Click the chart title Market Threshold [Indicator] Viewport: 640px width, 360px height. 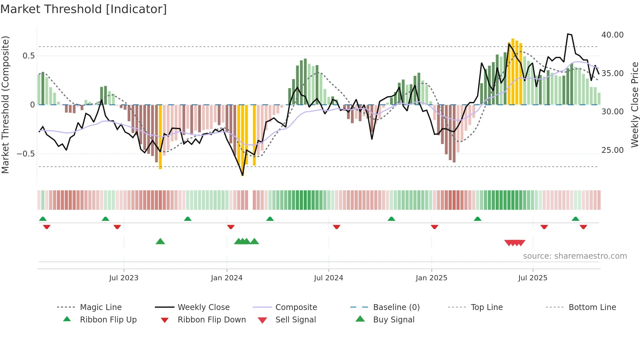tap(84, 9)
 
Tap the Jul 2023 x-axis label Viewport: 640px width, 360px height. tap(124, 278)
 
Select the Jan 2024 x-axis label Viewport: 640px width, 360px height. tap(227, 278)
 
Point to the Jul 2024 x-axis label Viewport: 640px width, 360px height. tap(328, 278)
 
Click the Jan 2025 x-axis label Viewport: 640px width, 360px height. tap(431, 278)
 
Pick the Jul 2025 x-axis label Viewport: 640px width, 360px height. tap(533, 278)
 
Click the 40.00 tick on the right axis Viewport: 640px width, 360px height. tap(612, 35)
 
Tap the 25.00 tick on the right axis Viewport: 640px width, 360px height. tap(612, 150)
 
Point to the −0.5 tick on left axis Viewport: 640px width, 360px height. tap(25, 154)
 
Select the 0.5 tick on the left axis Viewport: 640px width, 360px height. tap(28, 56)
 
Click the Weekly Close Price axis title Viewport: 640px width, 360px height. tap(634, 105)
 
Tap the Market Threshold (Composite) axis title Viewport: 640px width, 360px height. tap(5, 105)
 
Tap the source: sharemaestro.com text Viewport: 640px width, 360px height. tap(575, 256)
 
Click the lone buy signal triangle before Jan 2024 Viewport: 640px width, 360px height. tap(160, 241)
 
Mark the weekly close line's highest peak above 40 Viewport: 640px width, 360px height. tap(568, 34)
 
